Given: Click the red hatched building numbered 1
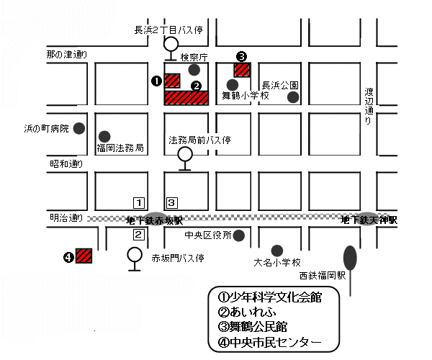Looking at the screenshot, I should pyautogui.click(x=172, y=81).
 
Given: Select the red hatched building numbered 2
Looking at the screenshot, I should pyautogui.click(x=186, y=97).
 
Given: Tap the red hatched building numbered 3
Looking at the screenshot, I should pyautogui.click(x=242, y=70).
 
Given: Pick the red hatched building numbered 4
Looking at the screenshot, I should pyautogui.click(x=84, y=255).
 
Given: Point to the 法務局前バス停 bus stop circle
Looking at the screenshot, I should pyautogui.click(x=185, y=154).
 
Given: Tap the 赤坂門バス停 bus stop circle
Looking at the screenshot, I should pyautogui.click(x=134, y=254).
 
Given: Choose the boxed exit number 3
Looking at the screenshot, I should pyautogui.click(x=171, y=202).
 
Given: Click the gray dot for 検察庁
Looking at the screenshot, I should pyautogui.click(x=194, y=71).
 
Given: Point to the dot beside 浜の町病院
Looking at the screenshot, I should pyautogui.click(x=79, y=128).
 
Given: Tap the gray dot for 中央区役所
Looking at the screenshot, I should pyautogui.click(x=239, y=235).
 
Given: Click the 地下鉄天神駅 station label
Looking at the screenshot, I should pyautogui.click(x=369, y=219).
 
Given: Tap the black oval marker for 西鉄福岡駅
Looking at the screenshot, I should pyautogui.click(x=350, y=257).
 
